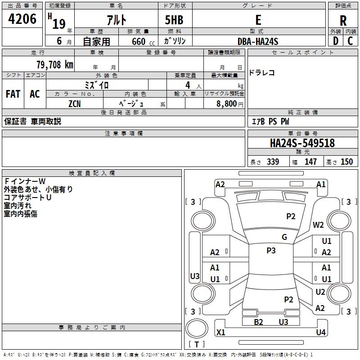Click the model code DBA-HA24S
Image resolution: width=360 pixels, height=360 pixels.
click(258, 41)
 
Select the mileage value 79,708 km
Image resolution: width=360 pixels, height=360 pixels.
click(54, 65)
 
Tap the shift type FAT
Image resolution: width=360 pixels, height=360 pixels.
click(13, 94)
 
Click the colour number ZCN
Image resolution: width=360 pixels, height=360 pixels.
click(75, 103)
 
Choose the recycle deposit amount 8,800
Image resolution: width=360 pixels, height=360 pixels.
click(227, 103)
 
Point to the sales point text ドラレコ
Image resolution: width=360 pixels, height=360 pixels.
click(262, 73)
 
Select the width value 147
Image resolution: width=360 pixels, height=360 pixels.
click(310, 162)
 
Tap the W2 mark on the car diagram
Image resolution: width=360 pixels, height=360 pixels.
click(319, 225)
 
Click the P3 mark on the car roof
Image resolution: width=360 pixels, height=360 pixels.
click(271, 251)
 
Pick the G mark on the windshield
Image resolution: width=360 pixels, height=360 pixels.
click(284, 237)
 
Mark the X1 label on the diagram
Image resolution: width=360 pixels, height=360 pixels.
click(221, 333)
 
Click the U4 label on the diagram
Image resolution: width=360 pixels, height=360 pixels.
click(320, 333)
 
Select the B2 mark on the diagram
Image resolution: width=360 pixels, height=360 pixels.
click(258, 322)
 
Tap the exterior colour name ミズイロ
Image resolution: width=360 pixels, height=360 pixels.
click(97, 85)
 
